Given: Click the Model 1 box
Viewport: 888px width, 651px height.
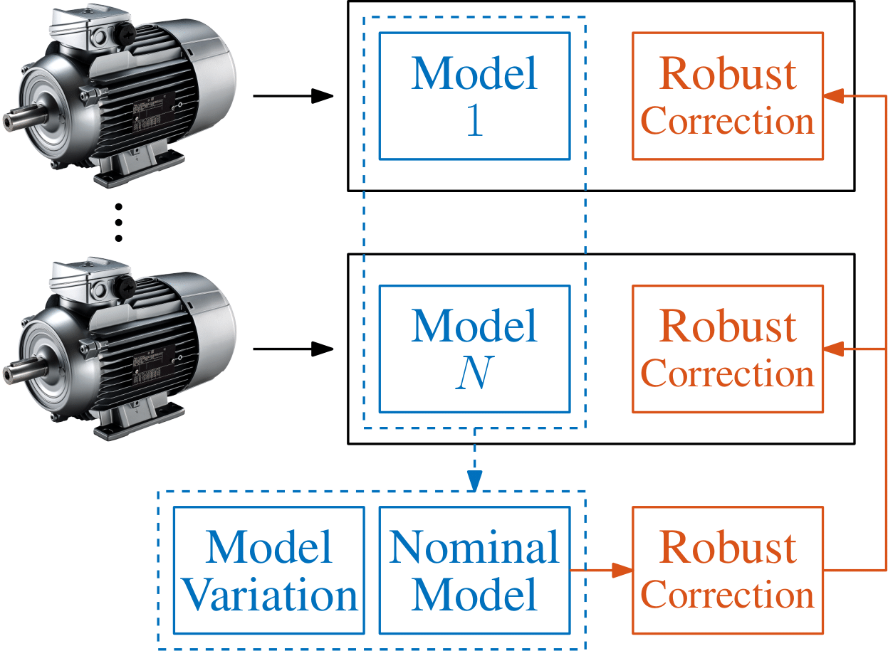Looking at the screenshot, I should [x=474, y=95].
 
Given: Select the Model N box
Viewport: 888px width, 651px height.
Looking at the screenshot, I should [x=474, y=349].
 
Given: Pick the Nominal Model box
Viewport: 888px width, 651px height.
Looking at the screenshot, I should [x=474, y=570].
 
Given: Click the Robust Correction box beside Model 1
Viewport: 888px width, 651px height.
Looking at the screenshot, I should [x=727, y=95].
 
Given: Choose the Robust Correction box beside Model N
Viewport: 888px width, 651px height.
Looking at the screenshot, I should [x=727, y=349].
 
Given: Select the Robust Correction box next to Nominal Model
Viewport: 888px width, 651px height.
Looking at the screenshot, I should [x=727, y=570].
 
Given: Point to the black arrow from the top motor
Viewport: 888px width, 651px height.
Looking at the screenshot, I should [x=293, y=95].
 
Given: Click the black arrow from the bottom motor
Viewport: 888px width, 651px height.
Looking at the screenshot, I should [x=293, y=349].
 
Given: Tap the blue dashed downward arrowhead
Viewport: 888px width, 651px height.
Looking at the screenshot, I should [x=475, y=482].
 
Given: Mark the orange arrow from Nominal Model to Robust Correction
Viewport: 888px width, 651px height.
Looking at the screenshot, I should [x=600, y=570].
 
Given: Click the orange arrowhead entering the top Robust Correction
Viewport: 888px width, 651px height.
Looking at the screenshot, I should [x=834, y=95].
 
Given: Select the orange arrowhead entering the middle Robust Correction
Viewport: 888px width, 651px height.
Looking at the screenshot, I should [x=834, y=349].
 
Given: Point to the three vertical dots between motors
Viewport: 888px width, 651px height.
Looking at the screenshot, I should [x=118, y=222].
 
